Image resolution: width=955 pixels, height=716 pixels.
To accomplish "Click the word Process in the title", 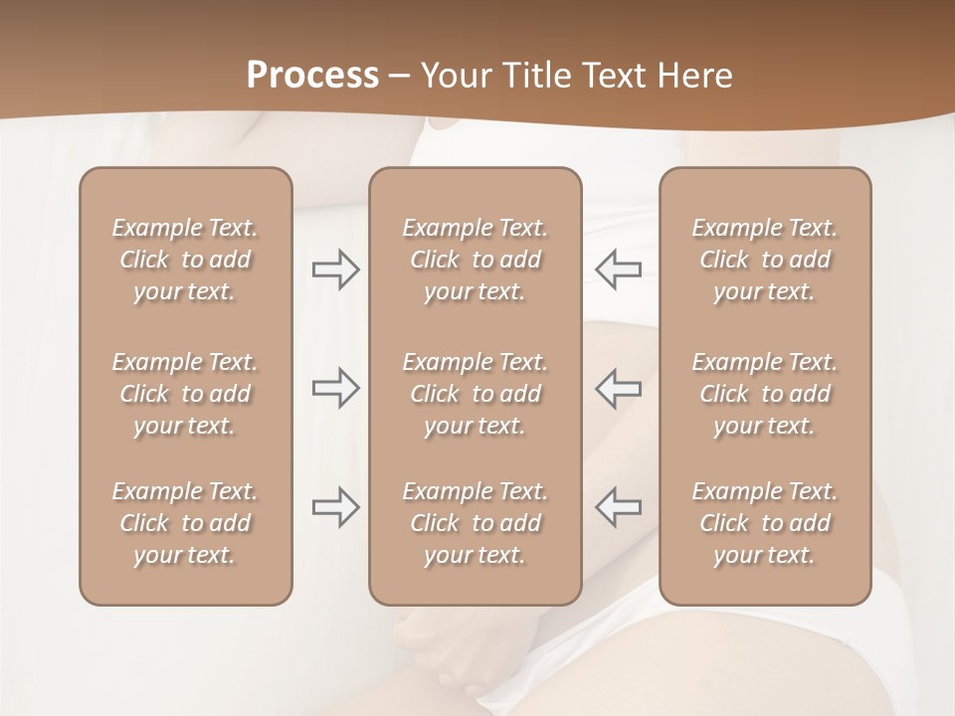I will pyautogui.click(x=312, y=76).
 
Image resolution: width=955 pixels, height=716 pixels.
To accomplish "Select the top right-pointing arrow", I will pyautogui.click(x=335, y=269).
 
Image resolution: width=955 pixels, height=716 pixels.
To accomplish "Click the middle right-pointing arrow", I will pyautogui.click(x=335, y=388).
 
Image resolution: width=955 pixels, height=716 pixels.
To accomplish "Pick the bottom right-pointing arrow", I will pyautogui.click(x=335, y=507).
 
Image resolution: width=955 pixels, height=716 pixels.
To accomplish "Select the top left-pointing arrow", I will pyautogui.click(x=618, y=269).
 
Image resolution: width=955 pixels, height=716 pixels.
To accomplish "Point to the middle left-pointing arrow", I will pyautogui.click(x=618, y=388).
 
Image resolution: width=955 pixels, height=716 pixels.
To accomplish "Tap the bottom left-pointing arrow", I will pyautogui.click(x=618, y=507).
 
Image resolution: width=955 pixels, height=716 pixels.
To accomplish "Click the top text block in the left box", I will pyautogui.click(x=185, y=260).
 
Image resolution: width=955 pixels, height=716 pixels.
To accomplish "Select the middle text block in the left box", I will pyautogui.click(x=185, y=394).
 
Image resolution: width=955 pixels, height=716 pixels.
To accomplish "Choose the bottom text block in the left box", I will pyautogui.click(x=185, y=523).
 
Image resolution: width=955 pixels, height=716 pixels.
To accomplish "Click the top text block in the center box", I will pyautogui.click(x=475, y=260).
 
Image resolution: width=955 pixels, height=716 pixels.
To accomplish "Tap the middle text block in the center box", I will pyautogui.click(x=475, y=394).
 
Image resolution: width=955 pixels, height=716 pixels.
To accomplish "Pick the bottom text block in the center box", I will pyautogui.click(x=475, y=523).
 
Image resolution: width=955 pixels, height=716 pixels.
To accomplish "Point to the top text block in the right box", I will pyautogui.click(x=764, y=260).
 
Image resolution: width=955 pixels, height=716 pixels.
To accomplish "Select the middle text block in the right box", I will pyautogui.click(x=764, y=394).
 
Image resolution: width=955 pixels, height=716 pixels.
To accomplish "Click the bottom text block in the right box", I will pyautogui.click(x=764, y=523).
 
